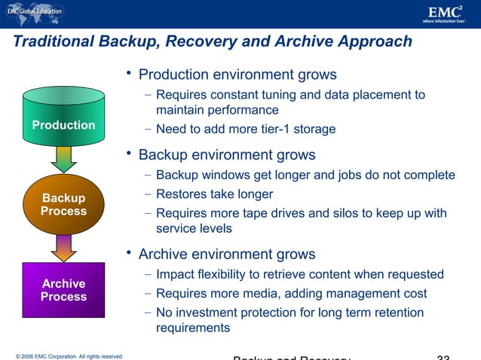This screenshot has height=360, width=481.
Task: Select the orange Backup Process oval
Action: click(63, 204)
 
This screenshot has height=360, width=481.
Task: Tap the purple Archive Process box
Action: click(63, 290)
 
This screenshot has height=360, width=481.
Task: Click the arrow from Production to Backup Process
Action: click(63, 158)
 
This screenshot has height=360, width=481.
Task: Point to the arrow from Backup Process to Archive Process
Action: click(63, 247)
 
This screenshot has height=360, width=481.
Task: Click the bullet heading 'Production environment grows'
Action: click(237, 75)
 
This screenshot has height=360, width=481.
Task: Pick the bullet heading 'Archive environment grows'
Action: click(227, 255)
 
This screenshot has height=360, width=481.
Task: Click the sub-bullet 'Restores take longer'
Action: click(214, 194)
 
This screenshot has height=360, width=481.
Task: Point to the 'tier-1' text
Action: click(267, 130)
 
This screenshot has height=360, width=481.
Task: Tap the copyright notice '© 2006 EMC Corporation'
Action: click(64, 355)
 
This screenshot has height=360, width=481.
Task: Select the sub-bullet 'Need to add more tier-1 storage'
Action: click(246, 130)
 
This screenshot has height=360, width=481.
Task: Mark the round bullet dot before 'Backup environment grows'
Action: click(130, 154)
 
